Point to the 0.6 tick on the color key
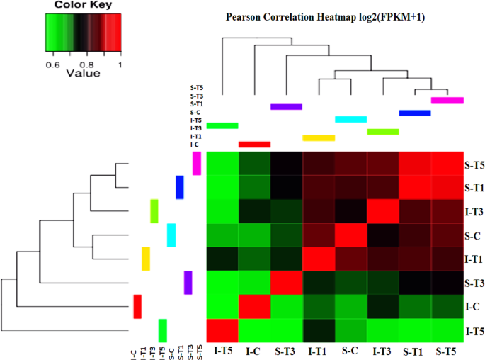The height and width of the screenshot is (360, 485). click(x=52, y=63)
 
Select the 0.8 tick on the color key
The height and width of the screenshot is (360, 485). click(x=84, y=63)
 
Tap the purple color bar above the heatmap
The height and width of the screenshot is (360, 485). click(x=286, y=107)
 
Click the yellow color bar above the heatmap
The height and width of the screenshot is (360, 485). click(x=318, y=137)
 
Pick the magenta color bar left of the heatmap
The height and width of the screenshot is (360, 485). click(x=197, y=164)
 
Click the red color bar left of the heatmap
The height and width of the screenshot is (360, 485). click(x=137, y=307)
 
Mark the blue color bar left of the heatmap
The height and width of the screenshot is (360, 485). click(x=180, y=187)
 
